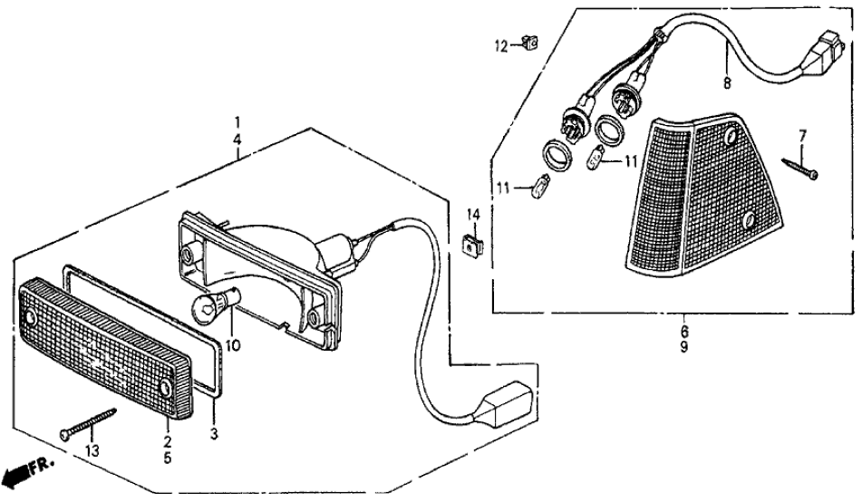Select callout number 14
pyautogui.click(x=472, y=215)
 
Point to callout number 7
pyautogui.click(x=801, y=136)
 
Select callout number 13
pyautogui.click(x=92, y=450)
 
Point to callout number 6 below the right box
pyautogui.click(x=683, y=333)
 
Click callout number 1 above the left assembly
pyautogui.click(x=237, y=122)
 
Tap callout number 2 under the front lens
pyautogui.click(x=168, y=440)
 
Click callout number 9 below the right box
pyautogui.click(x=683, y=348)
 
